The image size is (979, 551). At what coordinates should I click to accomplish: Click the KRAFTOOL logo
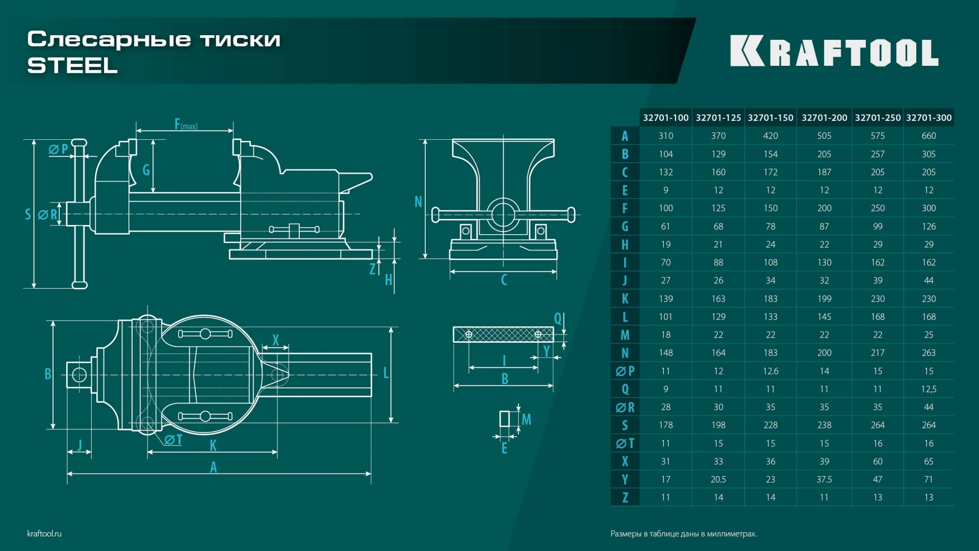[834, 51]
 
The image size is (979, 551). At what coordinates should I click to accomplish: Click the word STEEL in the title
[72, 65]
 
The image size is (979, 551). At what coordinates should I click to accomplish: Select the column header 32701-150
[770, 118]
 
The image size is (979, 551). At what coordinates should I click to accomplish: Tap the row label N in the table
[625, 353]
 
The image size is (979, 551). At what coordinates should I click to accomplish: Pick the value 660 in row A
[929, 136]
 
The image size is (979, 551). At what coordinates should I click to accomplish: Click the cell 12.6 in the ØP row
[770, 371]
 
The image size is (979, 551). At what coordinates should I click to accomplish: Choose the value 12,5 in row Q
[929, 389]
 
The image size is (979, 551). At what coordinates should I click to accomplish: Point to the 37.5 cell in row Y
[824, 480]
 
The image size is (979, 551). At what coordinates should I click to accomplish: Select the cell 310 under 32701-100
[665, 136]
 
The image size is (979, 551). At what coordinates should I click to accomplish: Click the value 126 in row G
[929, 227]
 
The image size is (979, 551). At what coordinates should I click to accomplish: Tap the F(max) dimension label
[185, 124]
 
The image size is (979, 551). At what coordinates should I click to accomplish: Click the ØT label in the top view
[173, 440]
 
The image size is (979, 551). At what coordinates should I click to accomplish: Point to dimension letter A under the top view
[213, 467]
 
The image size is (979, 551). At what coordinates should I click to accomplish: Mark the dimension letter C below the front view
[504, 280]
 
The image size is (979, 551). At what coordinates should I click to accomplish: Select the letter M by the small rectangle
[526, 419]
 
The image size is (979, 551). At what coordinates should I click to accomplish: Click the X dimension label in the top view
[275, 340]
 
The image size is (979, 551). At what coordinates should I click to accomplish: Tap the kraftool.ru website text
[44, 534]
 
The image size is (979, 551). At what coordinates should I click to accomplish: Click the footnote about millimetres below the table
[683, 534]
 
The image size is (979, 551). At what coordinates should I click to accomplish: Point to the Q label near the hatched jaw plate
[557, 319]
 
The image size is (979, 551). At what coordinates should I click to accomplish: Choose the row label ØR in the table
[625, 407]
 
